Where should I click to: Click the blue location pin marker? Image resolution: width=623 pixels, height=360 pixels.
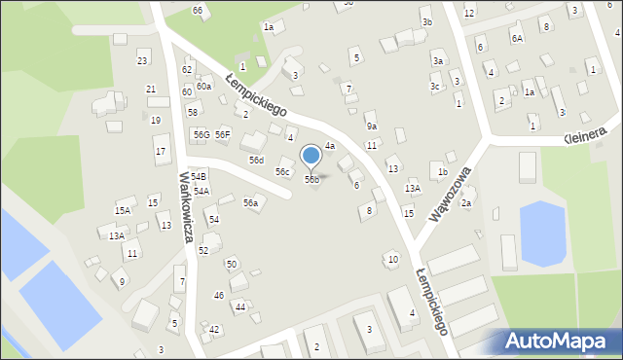tap(311, 156)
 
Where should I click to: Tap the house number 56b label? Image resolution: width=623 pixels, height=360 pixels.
tap(311, 179)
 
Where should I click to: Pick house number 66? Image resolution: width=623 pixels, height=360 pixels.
tap(198, 10)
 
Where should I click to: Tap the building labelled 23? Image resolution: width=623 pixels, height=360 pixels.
tap(142, 61)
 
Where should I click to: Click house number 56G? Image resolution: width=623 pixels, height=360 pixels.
tap(201, 134)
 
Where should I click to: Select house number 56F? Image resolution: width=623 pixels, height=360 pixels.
tap(223, 134)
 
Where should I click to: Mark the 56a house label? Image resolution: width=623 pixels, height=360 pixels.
tap(250, 203)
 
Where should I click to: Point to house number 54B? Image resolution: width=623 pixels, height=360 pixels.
tap(199, 176)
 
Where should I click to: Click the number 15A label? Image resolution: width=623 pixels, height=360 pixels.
tap(123, 210)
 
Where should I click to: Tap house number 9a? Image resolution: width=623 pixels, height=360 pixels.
tap(371, 126)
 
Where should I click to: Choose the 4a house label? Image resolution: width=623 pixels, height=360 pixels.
tap(330, 146)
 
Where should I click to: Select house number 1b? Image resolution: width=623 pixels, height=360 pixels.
tap(442, 172)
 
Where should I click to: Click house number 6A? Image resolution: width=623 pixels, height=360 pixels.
tap(517, 38)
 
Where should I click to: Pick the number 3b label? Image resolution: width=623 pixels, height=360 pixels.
tap(426, 22)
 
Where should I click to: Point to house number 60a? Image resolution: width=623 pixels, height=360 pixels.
tap(203, 87)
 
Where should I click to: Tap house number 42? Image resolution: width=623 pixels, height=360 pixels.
tap(214, 330)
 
